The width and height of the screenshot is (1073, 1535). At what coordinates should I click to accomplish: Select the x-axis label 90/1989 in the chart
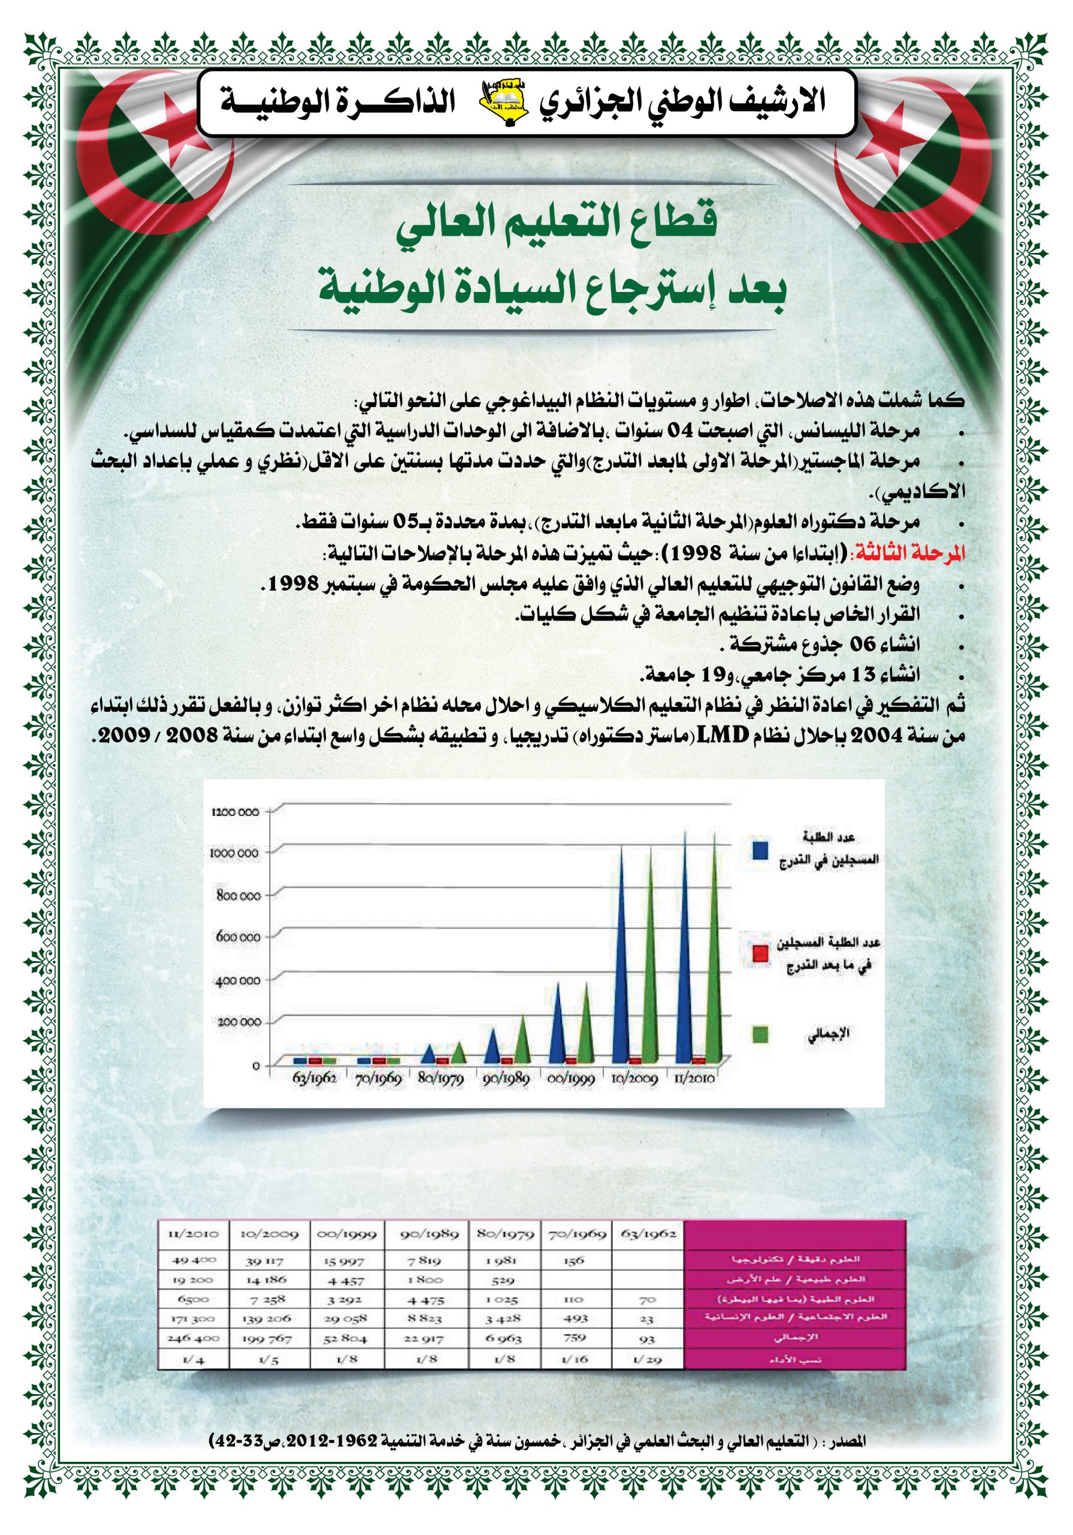(506, 1078)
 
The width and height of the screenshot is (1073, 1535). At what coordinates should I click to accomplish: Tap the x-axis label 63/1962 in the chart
(314, 1078)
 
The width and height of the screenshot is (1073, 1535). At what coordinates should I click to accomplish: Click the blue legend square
(760, 850)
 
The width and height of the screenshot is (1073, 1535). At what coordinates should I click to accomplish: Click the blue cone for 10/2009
(621, 963)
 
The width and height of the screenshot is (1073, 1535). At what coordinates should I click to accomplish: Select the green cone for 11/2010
(714, 956)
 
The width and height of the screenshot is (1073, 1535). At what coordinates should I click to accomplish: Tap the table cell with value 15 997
(344, 1261)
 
